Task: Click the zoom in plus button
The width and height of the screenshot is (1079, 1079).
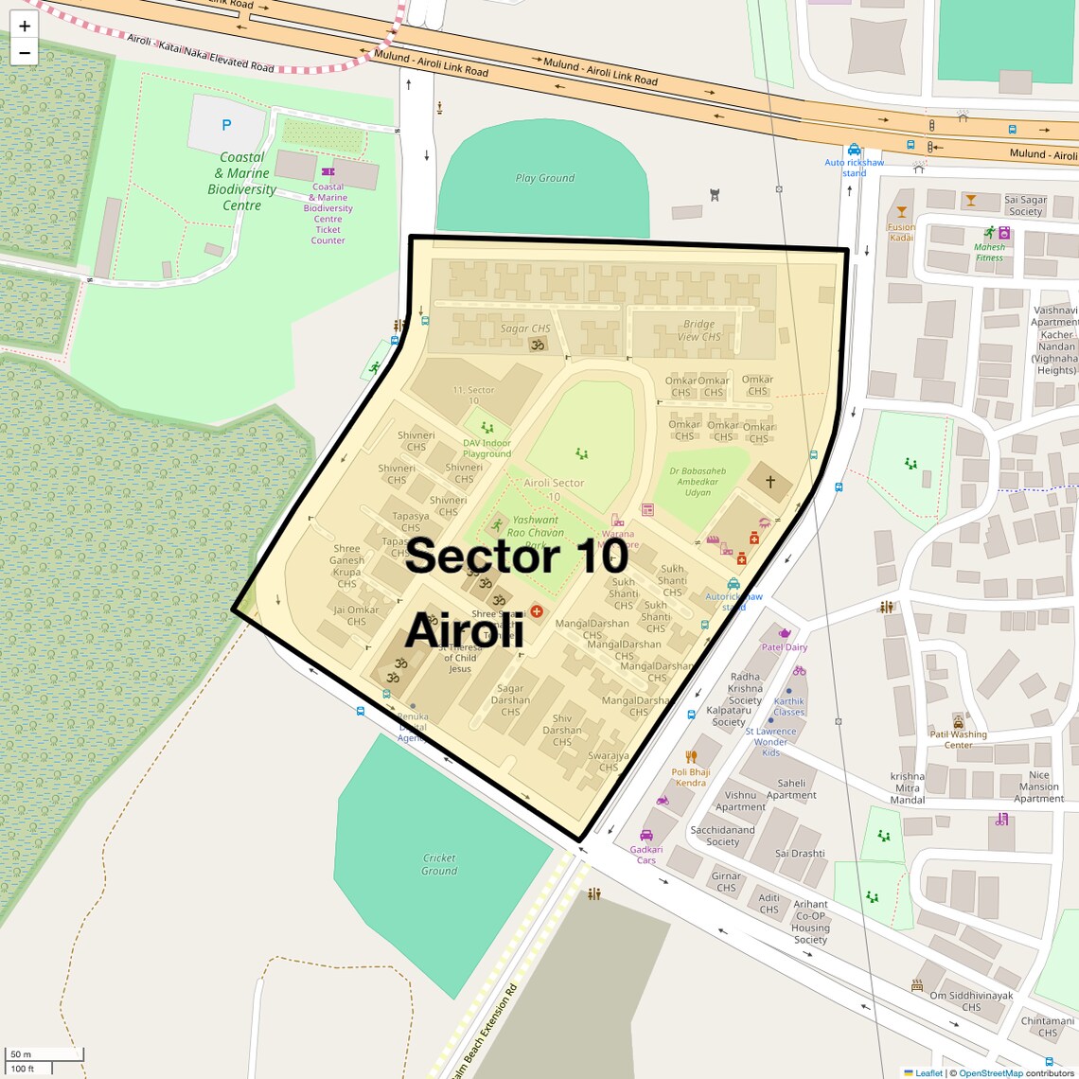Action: (x=25, y=27)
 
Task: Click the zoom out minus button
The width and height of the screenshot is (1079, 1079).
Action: (x=25, y=53)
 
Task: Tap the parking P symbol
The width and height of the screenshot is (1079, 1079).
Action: (x=226, y=124)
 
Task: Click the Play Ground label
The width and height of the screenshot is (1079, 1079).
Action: (x=544, y=178)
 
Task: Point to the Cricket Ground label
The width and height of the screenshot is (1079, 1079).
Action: (x=439, y=864)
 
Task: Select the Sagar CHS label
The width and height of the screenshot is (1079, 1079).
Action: (x=525, y=328)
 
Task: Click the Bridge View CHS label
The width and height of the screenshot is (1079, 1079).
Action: (x=699, y=330)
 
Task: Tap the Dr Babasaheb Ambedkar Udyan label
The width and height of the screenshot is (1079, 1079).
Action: (x=698, y=482)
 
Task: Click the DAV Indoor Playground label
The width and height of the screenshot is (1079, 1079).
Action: (x=486, y=449)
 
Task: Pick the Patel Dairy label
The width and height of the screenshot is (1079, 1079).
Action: (x=785, y=647)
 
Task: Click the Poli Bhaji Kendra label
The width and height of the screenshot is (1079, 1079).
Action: (x=690, y=777)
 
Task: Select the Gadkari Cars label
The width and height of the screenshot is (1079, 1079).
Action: (x=646, y=855)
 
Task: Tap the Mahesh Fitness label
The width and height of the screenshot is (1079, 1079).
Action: (x=989, y=252)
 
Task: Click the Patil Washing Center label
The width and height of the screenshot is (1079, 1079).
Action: (x=958, y=739)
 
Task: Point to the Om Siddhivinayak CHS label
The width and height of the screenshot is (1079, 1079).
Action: (x=971, y=1001)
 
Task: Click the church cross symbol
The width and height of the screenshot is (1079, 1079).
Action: (x=770, y=482)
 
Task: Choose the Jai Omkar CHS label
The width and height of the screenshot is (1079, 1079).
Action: (x=356, y=616)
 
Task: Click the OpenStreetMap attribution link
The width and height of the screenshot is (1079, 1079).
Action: (x=991, y=1072)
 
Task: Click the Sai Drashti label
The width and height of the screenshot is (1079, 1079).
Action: (x=800, y=853)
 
